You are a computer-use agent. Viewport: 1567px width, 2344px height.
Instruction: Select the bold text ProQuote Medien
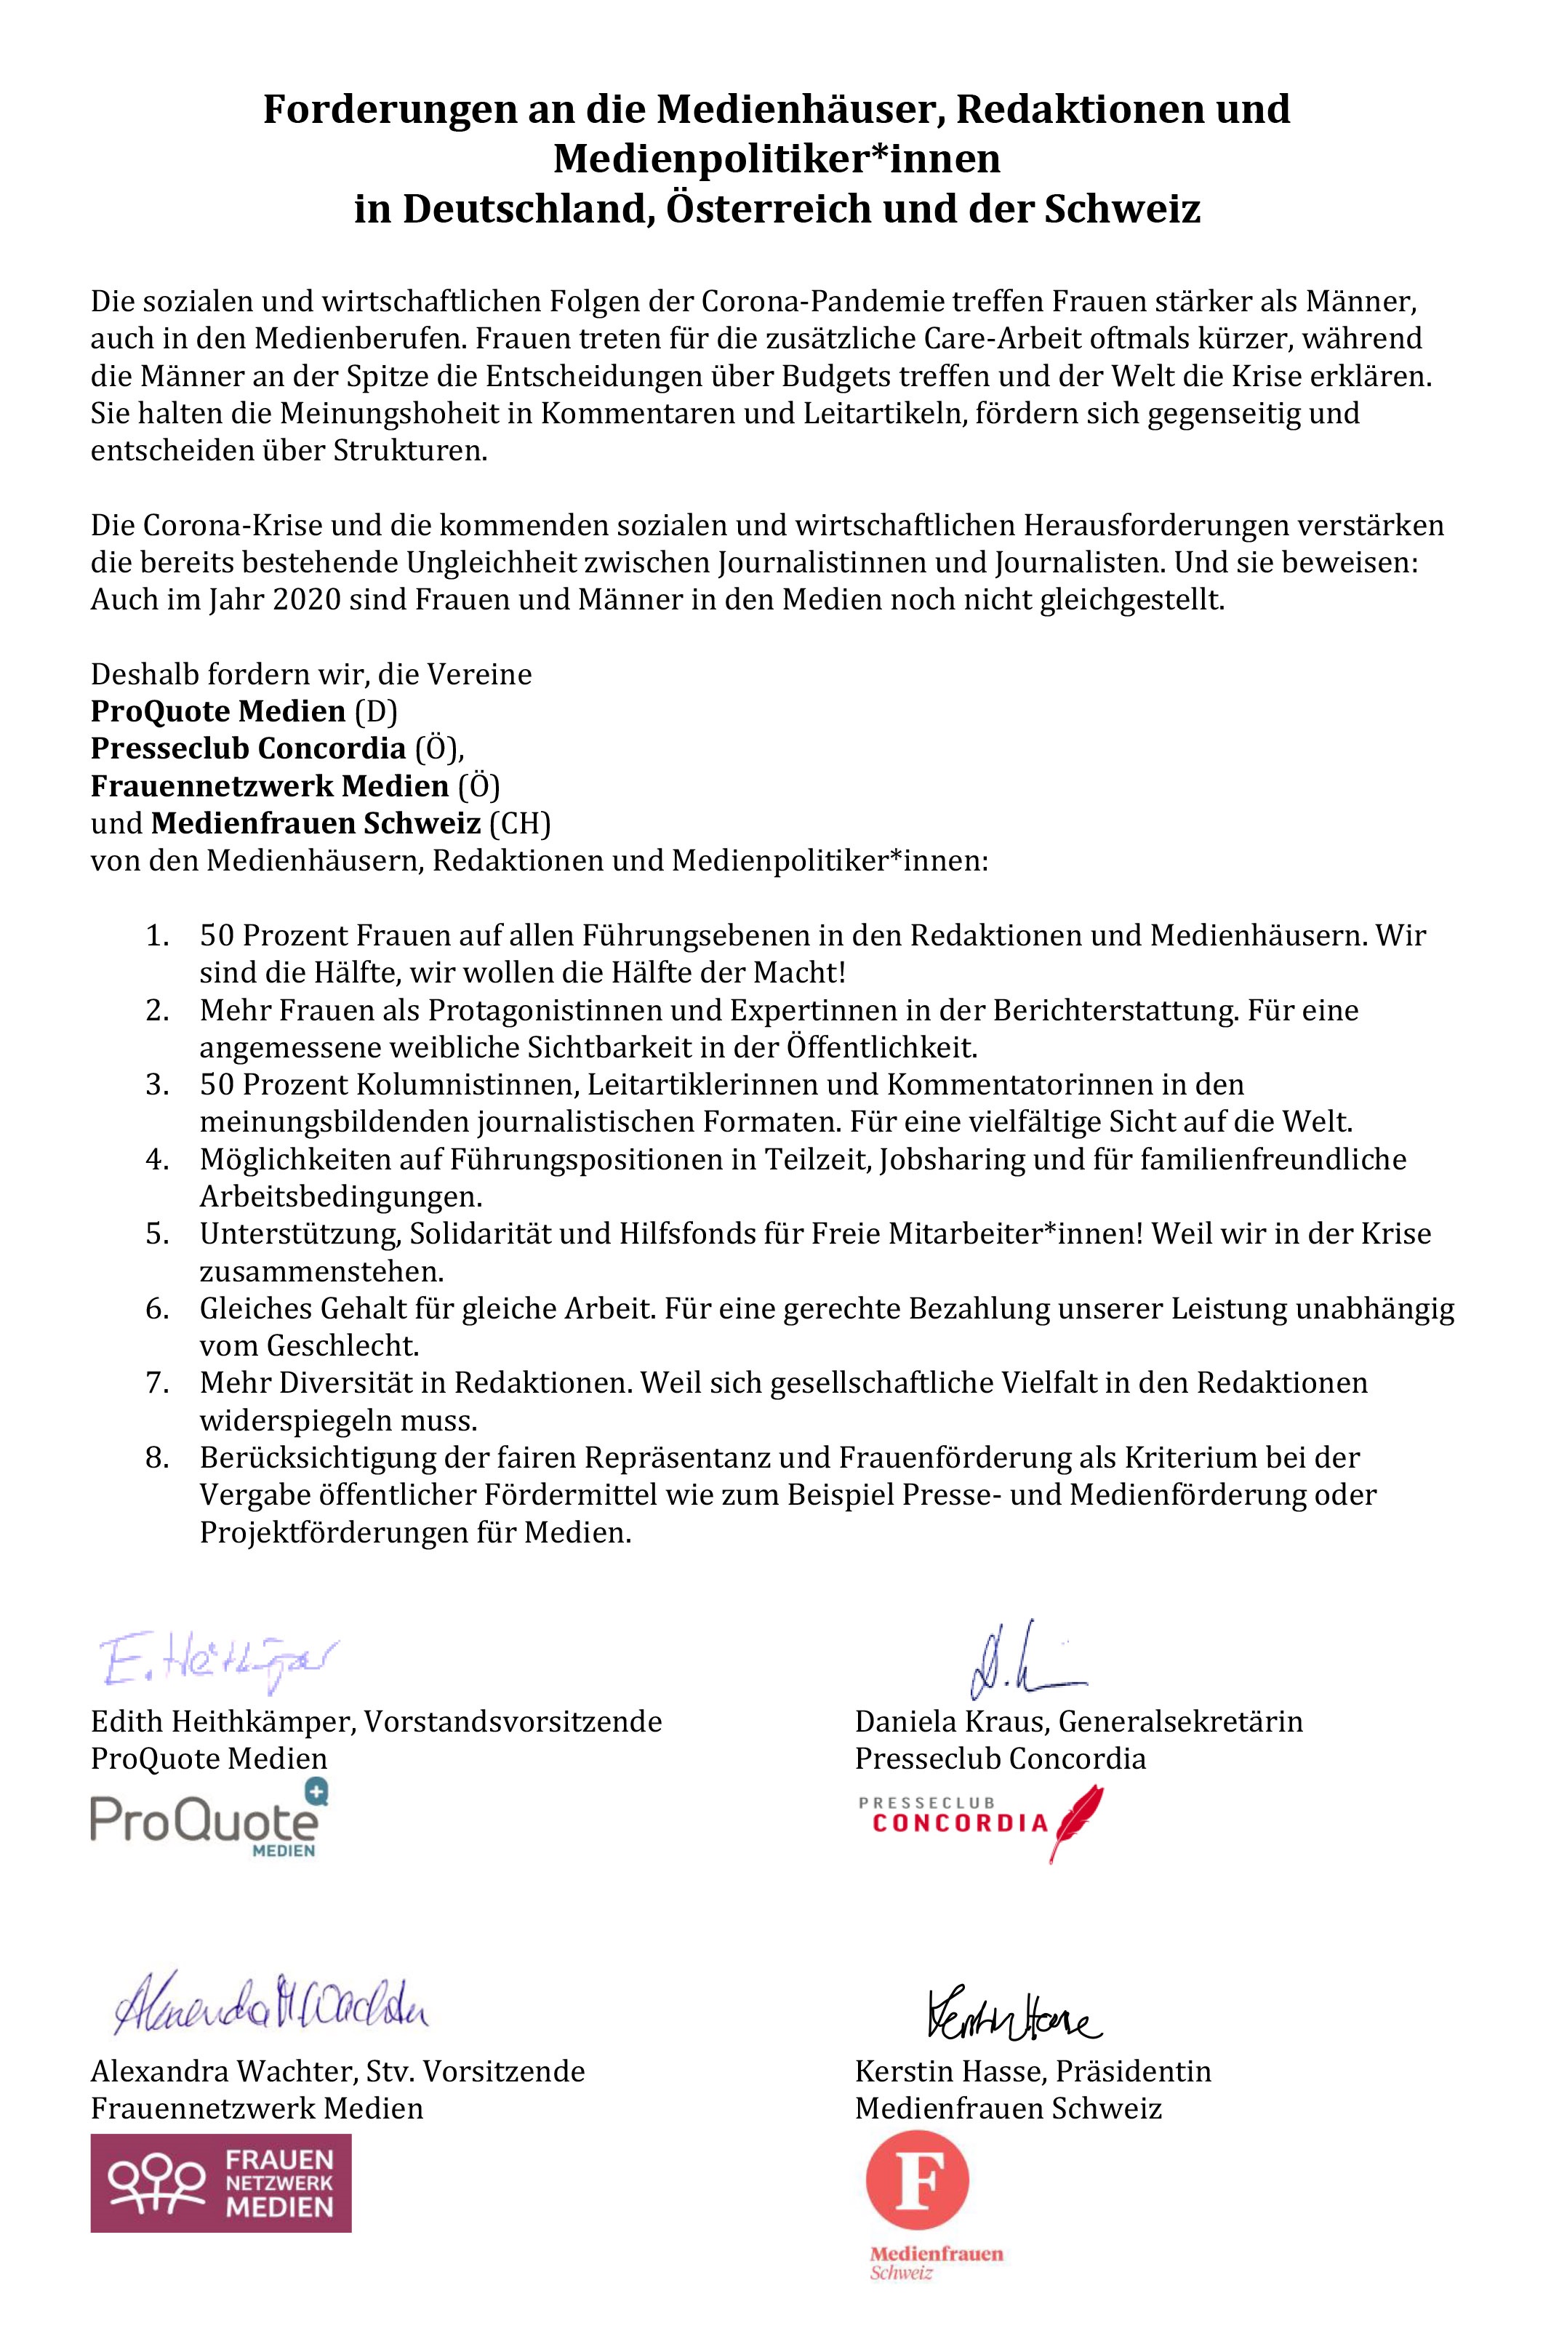[x=218, y=712]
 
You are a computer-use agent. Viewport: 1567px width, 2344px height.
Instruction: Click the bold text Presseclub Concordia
[x=248, y=748]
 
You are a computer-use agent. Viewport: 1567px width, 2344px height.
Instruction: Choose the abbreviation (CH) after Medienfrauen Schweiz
[x=520, y=824]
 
